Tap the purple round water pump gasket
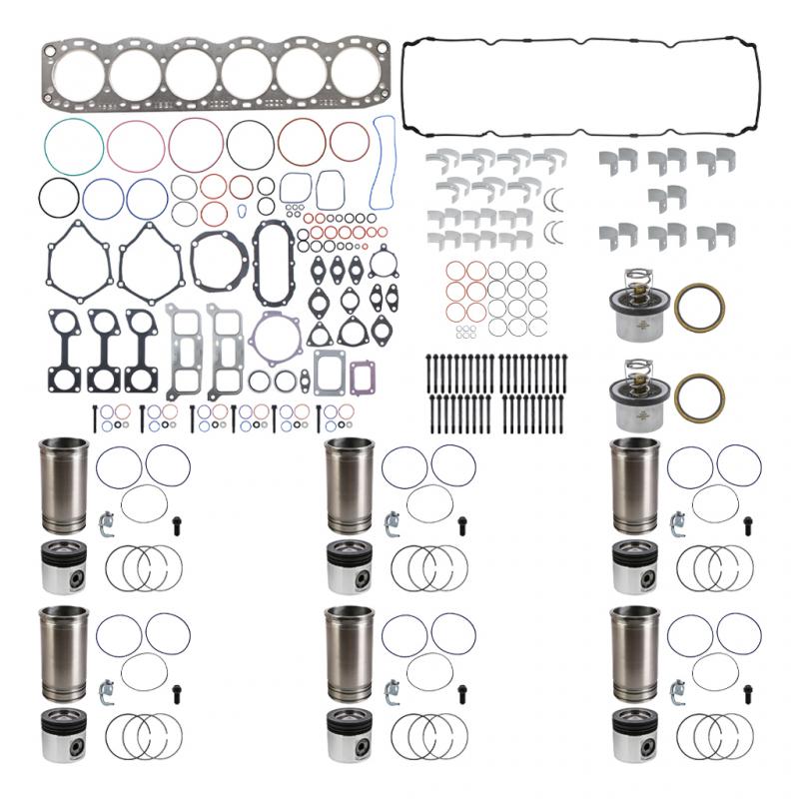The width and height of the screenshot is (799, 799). click(x=276, y=336)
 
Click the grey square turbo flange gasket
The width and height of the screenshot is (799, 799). click(x=330, y=372)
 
